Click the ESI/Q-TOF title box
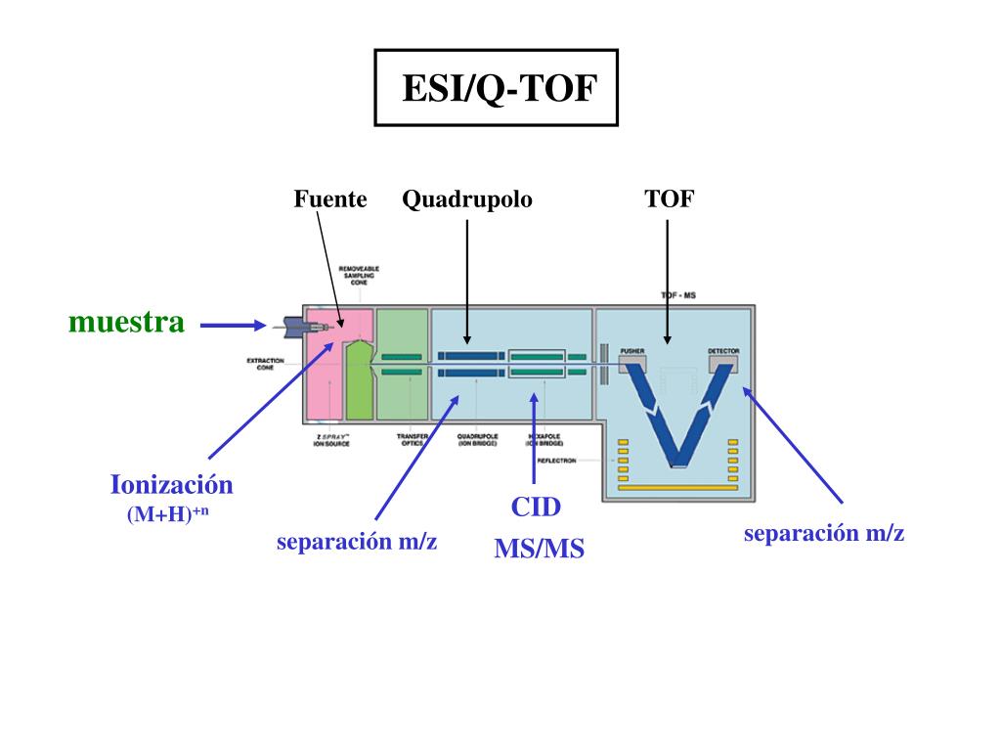click(497, 89)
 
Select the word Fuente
click(330, 199)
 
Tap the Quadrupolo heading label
click(467, 199)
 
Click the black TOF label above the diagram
click(669, 199)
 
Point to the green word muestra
click(126, 323)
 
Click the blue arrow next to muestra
click(233, 326)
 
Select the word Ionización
click(172, 485)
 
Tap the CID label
click(536, 508)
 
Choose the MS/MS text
click(539, 549)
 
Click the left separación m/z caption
click(357, 543)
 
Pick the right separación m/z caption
click(824, 534)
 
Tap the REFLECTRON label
click(557, 459)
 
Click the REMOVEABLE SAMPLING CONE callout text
click(359, 275)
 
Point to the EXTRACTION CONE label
click(265, 365)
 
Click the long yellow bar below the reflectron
click(675, 486)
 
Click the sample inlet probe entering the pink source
click(293, 325)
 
